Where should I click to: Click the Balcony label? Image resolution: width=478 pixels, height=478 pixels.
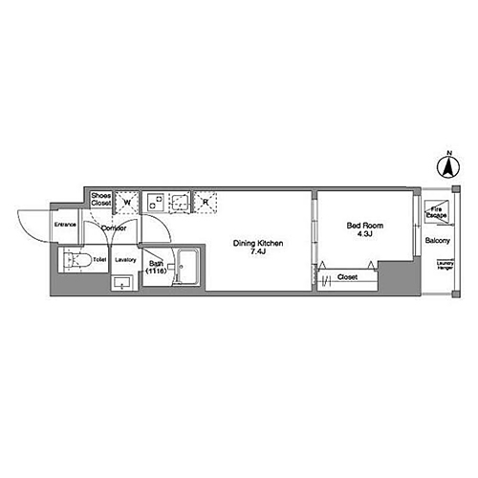(x=437, y=240)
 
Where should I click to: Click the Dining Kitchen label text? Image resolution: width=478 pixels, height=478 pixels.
(x=258, y=243)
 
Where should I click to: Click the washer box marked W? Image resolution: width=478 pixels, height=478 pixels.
(x=127, y=202)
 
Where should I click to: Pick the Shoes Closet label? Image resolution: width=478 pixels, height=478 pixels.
(x=101, y=200)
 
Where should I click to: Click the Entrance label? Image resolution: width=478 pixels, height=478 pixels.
(x=65, y=225)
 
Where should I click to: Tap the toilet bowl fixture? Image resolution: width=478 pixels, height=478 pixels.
(x=76, y=260)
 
